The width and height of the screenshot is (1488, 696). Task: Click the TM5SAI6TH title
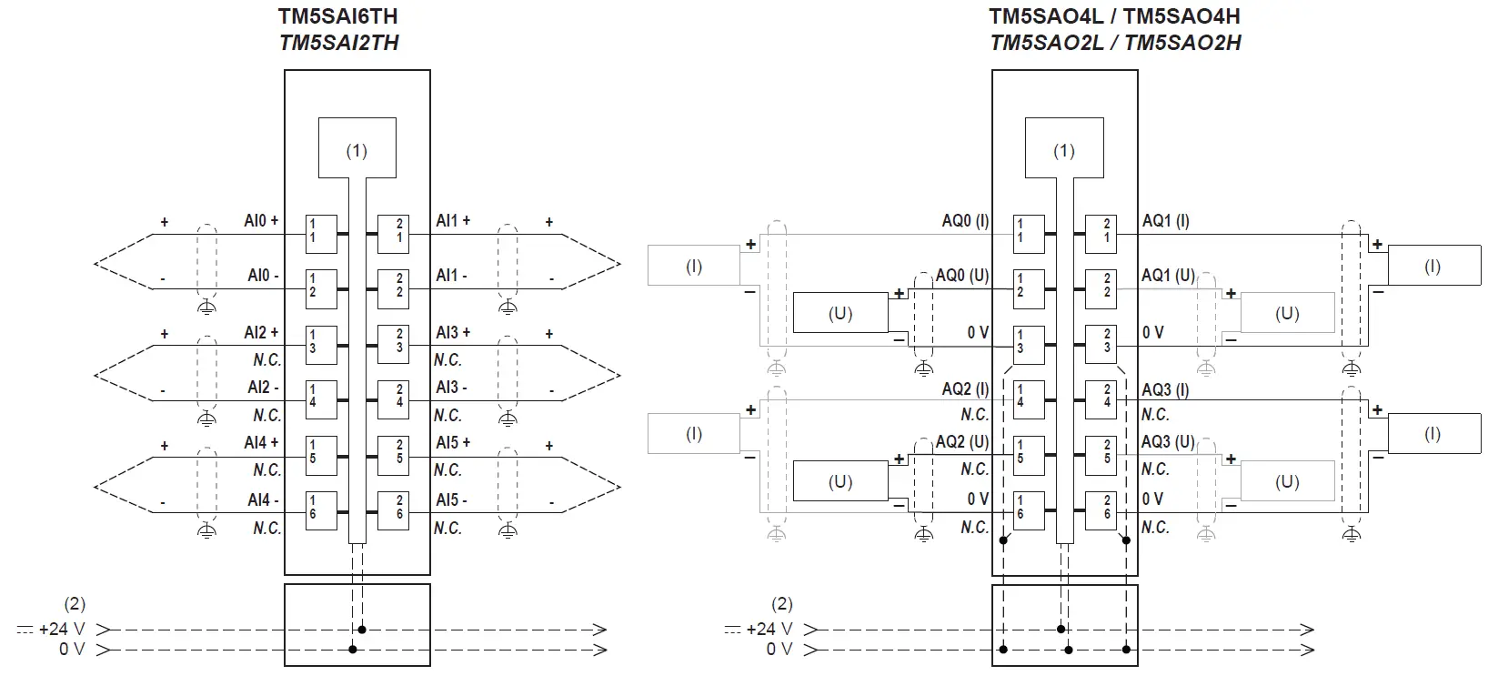[338, 16]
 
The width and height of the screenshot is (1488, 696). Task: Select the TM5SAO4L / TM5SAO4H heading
[1114, 16]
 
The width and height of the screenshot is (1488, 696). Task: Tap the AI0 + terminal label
[261, 221]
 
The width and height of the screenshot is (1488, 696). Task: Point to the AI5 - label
[451, 499]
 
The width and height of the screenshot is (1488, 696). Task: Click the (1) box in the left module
[357, 148]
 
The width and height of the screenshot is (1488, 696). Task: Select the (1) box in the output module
[1063, 148]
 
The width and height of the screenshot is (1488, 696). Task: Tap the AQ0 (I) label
[965, 221]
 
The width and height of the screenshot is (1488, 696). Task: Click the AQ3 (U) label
[1168, 442]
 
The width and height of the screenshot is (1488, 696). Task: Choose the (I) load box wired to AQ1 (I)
[1432, 267]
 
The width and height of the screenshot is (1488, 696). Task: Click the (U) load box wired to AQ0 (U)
[840, 313]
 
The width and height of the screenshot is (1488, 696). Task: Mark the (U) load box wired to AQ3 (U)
[1286, 481]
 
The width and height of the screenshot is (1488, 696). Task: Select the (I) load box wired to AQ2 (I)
[693, 434]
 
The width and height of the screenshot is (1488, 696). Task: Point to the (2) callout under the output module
[781, 603]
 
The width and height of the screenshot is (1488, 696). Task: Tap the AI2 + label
[261, 333]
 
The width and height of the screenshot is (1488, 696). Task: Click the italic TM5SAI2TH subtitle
[338, 43]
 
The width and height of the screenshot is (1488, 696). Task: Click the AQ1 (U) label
[1168, 276]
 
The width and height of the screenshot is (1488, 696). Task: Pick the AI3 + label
[453, 333]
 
